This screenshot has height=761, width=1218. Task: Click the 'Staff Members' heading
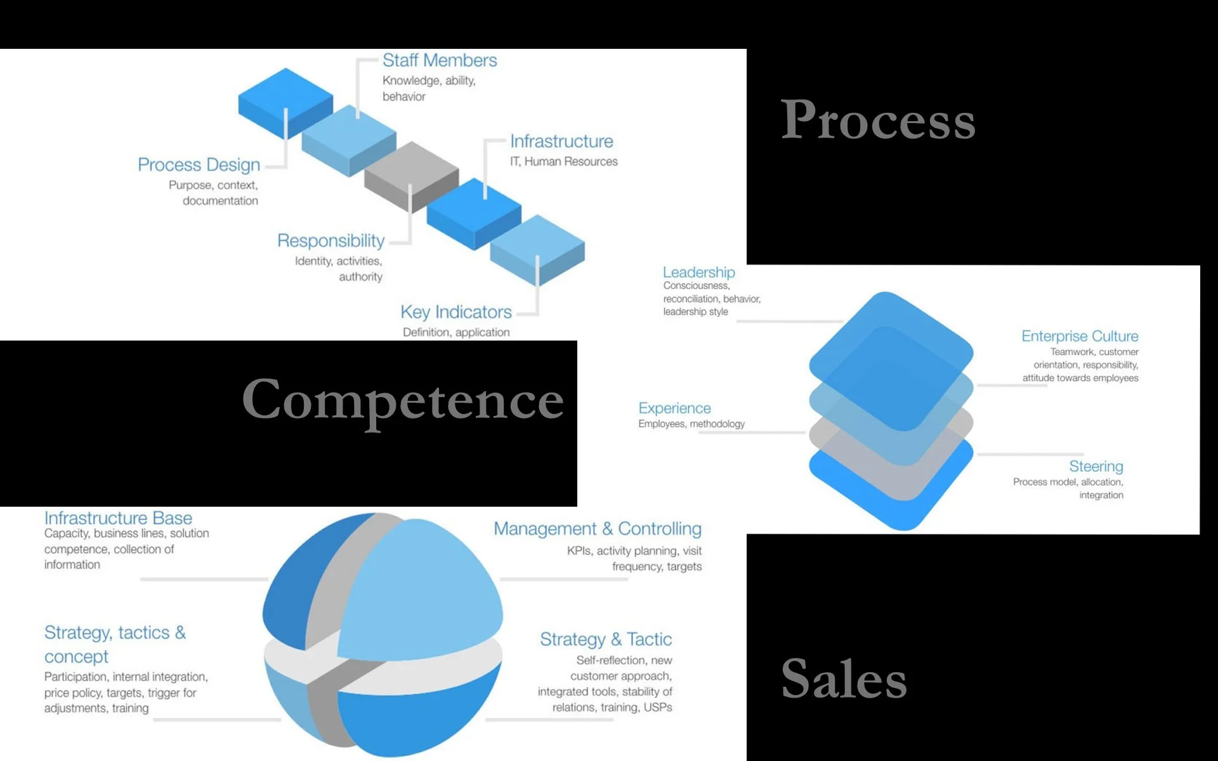pos(439,60)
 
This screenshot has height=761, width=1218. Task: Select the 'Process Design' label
pos(199,165)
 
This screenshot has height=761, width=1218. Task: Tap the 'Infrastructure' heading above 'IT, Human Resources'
pos(561,141)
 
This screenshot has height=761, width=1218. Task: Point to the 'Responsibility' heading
pos(331,241)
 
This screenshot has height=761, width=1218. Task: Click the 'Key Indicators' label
pos(455,312)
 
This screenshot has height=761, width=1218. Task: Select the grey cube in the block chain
pos(411,174)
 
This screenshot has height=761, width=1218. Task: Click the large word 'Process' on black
pos(878,120)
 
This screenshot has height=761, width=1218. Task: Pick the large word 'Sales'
pos(844,679)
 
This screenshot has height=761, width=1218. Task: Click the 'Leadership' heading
pos(698,272)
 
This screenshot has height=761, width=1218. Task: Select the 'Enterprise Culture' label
pos(1080,336)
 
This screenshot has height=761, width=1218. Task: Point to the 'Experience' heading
pos(674,408)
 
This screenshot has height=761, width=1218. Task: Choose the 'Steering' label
pos(1096,467)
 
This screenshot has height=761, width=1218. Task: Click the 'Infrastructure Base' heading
pos(118,518)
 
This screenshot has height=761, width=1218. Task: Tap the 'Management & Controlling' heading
pos(598,529)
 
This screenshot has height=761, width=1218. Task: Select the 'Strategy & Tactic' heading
pos(606,639)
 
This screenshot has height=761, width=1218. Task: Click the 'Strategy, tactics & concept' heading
pos(115,644)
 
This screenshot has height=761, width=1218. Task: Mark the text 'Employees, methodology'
pos(691,424)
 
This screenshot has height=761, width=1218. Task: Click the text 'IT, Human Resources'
pos(563,162)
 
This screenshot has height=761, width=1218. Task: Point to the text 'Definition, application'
pos(456,332)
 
